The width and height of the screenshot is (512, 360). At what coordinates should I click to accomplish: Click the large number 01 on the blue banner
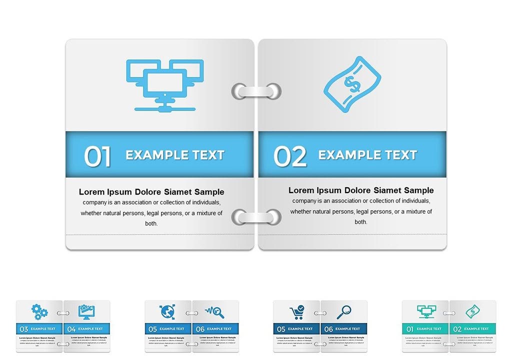(97, 156)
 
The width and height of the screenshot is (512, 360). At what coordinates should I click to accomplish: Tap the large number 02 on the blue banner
(290, 156)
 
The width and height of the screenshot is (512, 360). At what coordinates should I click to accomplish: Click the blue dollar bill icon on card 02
(352, 84)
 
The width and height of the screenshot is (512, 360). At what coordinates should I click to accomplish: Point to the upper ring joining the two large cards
(256, 91)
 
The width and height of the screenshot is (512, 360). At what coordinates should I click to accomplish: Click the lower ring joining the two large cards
(256, 217)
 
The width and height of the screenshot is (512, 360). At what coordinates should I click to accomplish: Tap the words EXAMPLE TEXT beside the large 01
(175, 155)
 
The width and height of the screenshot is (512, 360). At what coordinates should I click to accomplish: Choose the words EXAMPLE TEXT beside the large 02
(367, 155)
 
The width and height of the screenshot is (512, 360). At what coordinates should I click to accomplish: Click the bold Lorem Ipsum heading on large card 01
(151, 192)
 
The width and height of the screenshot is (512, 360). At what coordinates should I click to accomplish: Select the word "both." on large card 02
(361, 221)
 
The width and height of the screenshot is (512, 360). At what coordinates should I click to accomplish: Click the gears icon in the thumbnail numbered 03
(39, 312)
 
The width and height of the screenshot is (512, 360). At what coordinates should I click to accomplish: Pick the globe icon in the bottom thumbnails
(167, 312)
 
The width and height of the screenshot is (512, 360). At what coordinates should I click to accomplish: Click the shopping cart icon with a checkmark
(296, 312)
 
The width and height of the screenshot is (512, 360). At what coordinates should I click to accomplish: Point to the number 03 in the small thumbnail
(23, 329)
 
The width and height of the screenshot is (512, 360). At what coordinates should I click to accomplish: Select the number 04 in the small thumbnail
(71, 329)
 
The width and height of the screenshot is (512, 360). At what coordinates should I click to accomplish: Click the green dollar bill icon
(472, 312)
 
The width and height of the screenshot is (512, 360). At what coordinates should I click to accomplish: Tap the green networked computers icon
(426, 312)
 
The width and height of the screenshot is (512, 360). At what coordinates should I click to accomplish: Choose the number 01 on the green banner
(410, 329)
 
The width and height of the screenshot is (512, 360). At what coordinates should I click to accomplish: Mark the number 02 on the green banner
(457, 329)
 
